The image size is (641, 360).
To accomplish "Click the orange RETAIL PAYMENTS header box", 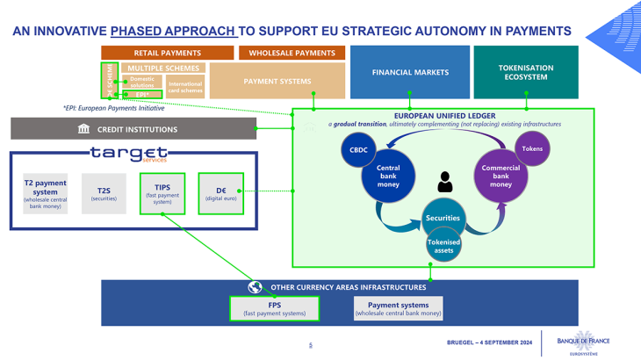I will pos(167,53).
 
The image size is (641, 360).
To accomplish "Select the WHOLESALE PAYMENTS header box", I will pos(292,53).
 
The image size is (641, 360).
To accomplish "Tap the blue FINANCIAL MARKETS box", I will pos(410,72).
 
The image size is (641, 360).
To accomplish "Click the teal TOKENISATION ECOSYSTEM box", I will pos(526,72).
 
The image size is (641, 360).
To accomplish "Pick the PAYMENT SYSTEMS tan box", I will pos(277,82).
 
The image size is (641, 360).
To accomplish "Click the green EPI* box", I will pos(142,94).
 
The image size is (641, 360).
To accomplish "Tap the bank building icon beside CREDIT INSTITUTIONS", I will pos(83,129).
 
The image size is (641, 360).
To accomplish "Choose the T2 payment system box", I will pos(45,194).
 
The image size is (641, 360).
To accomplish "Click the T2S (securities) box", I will pos(104,194).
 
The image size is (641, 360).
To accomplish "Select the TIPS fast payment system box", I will pos(162,194).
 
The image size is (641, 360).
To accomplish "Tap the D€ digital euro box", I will pos(220,194).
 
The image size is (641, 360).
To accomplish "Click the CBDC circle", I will pos(358,150).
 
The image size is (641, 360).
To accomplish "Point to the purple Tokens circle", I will pos(532,149).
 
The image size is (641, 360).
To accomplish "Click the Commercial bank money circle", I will pos(501,176).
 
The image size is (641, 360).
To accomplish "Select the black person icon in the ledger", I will pos(445,182).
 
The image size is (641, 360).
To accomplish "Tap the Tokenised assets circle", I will pos(443,246).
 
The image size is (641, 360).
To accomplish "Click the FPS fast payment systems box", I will pos(274,308).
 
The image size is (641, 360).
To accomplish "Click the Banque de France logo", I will pos(583,343).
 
